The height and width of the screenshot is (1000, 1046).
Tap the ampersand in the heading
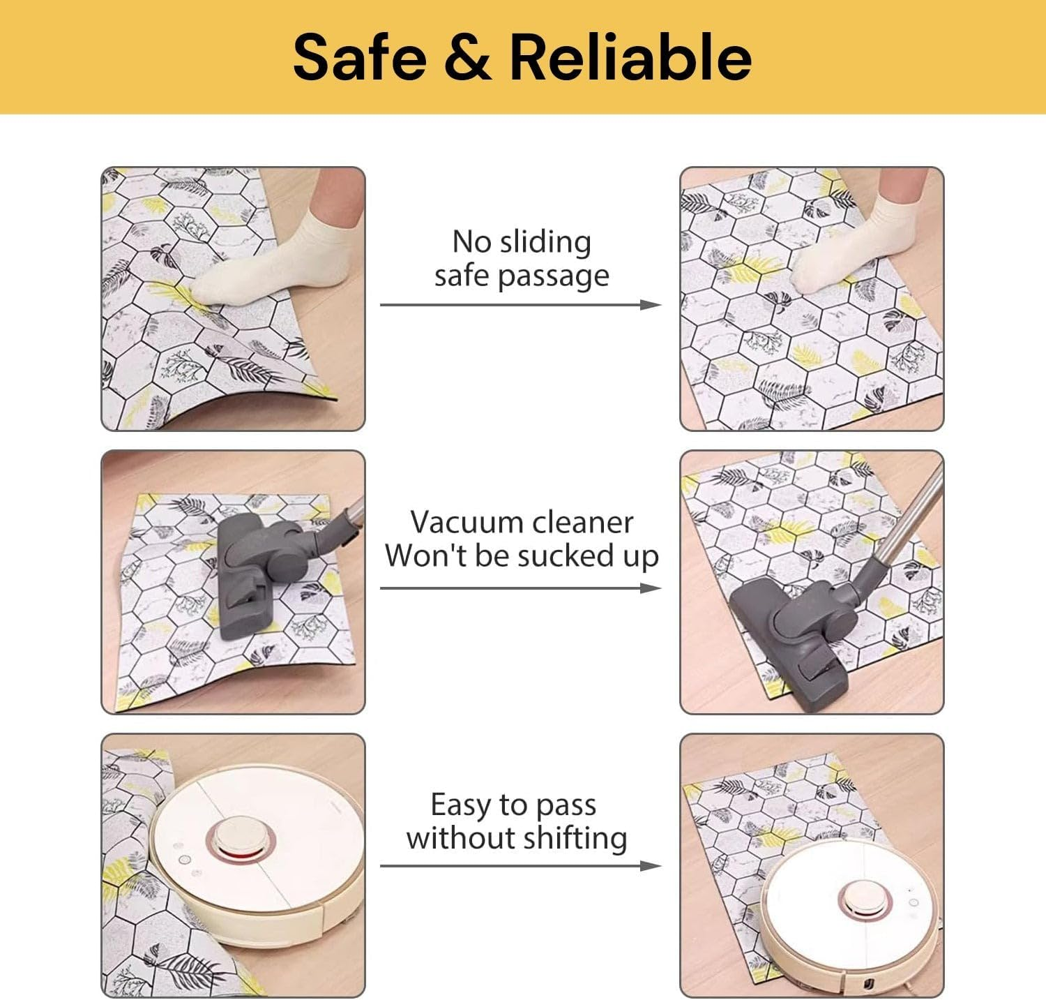point(467,57)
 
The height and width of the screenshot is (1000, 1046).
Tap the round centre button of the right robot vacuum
point(863,899)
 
